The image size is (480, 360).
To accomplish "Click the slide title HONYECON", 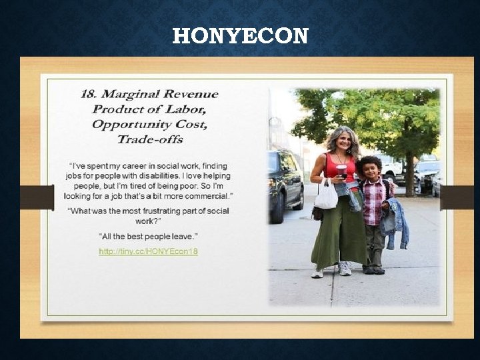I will click(x=240, y=35).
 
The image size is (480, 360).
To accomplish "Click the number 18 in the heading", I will click(x=88, y=94).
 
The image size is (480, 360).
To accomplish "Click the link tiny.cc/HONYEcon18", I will click(x=148, y=251).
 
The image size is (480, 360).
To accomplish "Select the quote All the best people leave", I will click(x=148, y=237).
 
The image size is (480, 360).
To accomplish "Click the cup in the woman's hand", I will click(x=342, y=171).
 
